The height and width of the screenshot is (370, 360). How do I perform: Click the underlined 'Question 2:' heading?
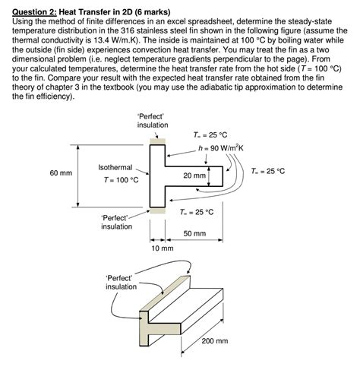click(34, 12)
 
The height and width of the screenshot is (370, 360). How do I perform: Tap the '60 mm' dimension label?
click(61, 173)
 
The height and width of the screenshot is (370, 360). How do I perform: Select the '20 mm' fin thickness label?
click(194, 176)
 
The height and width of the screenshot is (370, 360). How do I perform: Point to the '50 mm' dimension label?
click(194, 233)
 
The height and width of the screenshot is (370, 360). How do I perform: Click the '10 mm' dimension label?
click(163, 248)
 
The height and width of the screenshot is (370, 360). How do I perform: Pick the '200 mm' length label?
click(215, 341)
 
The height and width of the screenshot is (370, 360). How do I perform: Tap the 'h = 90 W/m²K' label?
click(221, 148)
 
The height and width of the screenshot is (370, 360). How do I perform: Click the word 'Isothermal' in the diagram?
click(115, 167)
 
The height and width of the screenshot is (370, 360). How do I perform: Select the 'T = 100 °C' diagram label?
click(121, 180)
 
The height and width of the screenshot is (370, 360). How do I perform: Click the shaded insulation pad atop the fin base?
click(157, 141)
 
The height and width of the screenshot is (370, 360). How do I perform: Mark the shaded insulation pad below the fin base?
click(157, 210)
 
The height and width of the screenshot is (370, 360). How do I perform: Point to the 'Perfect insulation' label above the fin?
click(153, 121)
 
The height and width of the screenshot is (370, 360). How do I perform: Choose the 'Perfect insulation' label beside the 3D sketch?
click(121, 283)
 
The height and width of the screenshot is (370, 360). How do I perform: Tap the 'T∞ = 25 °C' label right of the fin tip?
click(268, 171)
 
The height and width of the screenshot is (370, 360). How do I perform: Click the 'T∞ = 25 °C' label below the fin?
click(197, 212)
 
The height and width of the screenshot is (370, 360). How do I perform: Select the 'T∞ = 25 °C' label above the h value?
click(210, 134)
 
